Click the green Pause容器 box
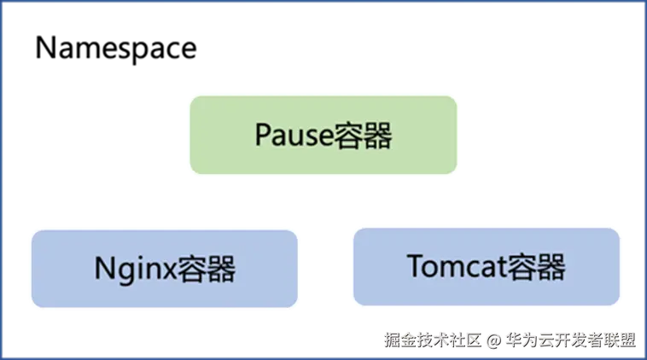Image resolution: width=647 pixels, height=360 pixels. pos(323,136)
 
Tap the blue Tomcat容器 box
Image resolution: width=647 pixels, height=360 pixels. pos(487,266)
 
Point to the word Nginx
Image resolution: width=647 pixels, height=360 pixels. pos(134,270)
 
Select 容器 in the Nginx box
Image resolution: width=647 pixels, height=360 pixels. pos(206,269)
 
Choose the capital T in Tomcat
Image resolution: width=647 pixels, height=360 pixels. pos(416,267)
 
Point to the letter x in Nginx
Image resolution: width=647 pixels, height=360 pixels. pos(167,271)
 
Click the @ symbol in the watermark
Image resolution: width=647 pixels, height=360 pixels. pos(493,340)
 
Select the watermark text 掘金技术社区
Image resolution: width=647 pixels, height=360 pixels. pos(433,340)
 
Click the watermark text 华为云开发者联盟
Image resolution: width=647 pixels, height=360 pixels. pos(569,340)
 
